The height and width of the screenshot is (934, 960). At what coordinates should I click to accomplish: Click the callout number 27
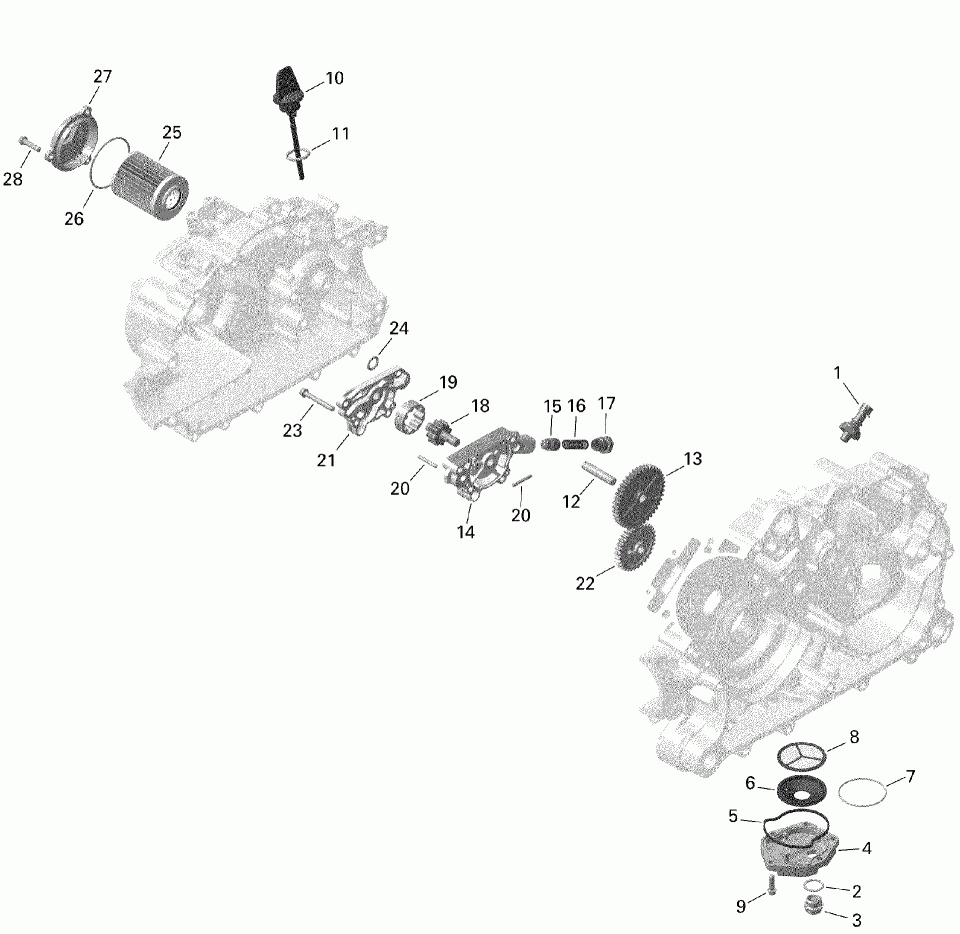(103, 77)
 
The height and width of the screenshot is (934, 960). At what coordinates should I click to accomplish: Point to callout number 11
(341, 133)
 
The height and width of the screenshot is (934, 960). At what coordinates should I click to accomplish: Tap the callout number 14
(466, 532)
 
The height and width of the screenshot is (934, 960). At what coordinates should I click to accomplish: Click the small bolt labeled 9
(770, 886)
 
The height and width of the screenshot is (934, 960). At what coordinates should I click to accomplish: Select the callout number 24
(399, 328)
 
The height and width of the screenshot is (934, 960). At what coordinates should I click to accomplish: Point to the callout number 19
(447, 382)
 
